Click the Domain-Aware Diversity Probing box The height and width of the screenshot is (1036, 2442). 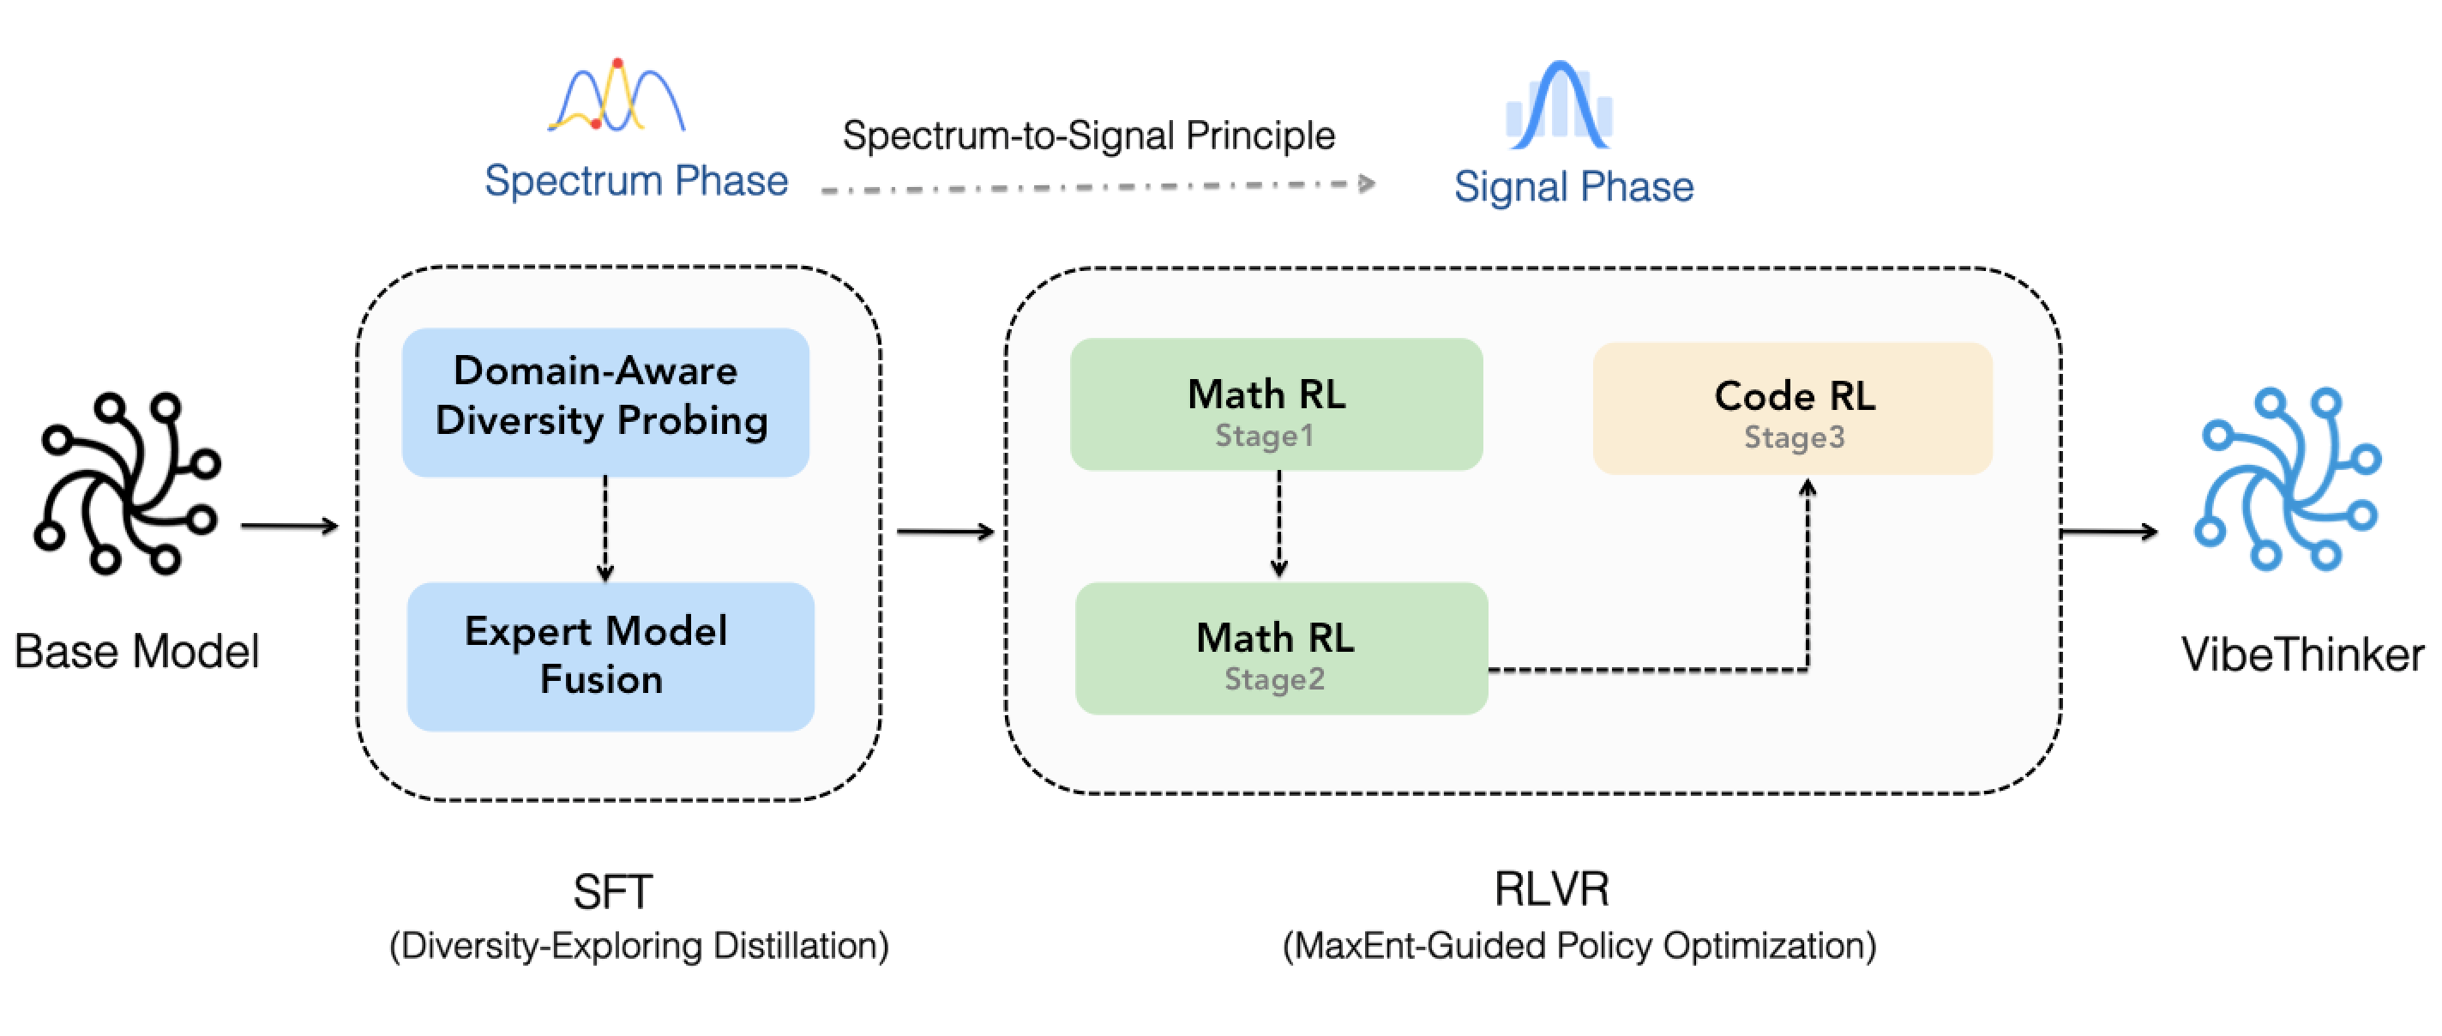[604, 402]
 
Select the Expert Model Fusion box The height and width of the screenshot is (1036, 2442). [610, 656]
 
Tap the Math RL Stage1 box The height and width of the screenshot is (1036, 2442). [1275, 405]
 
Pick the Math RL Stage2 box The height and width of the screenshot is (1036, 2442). [1280, 648]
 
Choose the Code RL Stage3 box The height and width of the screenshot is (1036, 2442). [1792, 408]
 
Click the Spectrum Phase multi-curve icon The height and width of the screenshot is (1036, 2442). [617, 97]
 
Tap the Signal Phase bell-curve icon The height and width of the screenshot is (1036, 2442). [1559, 106]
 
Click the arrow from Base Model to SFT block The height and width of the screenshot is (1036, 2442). [289, 526]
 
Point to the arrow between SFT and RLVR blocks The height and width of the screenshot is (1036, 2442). [944, 532]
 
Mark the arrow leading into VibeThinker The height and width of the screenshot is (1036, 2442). [2108, 532]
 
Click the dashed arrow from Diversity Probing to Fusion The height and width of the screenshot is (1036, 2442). [604, 529]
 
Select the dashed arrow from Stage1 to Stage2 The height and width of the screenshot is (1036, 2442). [1278, 525]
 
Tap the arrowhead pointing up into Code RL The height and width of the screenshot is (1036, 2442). [1807, 488]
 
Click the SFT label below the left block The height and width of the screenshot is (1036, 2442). [612, 891]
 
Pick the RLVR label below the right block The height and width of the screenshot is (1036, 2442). [1551, 888]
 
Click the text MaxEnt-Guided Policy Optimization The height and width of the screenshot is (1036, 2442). [1579, 946]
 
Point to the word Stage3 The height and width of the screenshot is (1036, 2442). [1794, 437]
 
